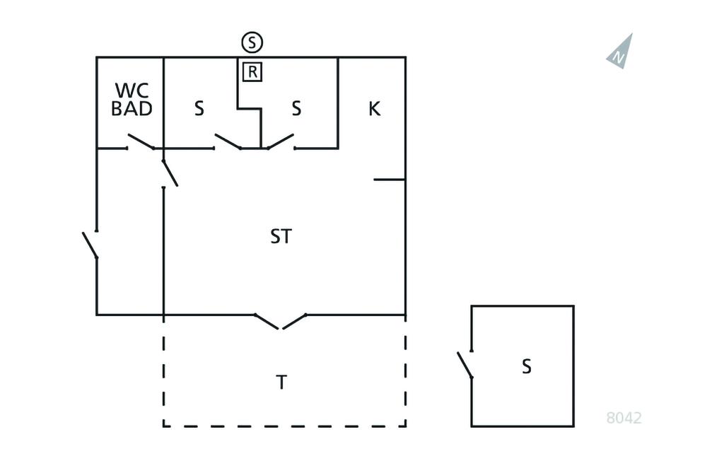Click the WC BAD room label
132,100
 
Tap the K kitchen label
374,109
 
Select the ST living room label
281,236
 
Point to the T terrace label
281,383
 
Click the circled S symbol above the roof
252,43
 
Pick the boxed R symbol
252,71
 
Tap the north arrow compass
620,52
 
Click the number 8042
624,418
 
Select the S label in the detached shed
526,366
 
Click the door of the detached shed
465,364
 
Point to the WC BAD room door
141,141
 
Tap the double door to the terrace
281,322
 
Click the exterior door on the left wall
90,245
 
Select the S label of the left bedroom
199,109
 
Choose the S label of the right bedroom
296,109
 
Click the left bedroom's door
228,141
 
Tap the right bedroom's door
279,141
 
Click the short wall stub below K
390,180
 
